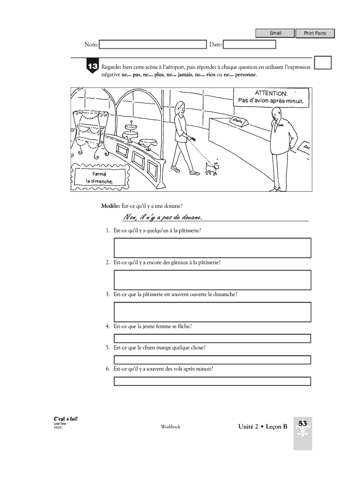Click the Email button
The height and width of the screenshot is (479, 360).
(x=275, y=33)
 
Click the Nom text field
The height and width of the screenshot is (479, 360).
(x=153, y=44)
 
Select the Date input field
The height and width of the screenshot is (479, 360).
(x=250, y=44)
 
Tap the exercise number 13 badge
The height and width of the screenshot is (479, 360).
(x=92, y=67)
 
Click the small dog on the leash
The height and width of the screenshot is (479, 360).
(x=213, y=168)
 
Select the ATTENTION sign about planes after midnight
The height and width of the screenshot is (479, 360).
(x=271, y=97)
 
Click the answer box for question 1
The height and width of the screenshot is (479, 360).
(x=212, y=248)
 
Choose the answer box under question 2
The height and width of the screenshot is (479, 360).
(x=212, y=280)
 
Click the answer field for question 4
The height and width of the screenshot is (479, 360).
(x=212, y=338)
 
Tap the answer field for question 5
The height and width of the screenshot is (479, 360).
(x=212, y=359)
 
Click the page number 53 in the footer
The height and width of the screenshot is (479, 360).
(x=302, y=424)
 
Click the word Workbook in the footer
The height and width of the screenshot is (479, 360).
(x=171, y=427)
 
